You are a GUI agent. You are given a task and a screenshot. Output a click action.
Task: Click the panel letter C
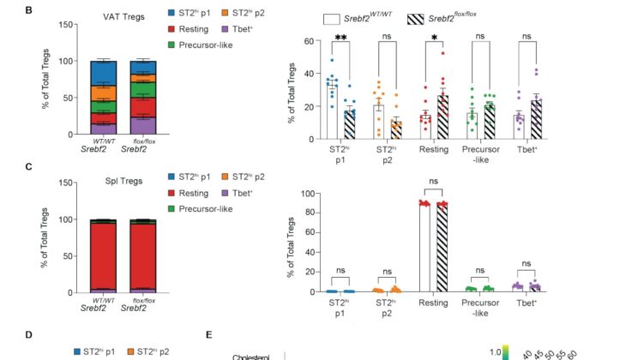(6, 169)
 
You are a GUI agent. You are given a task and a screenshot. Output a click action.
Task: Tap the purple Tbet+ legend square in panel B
(248, 32)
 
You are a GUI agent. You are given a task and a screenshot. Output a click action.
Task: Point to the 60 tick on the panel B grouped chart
(304, 41)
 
